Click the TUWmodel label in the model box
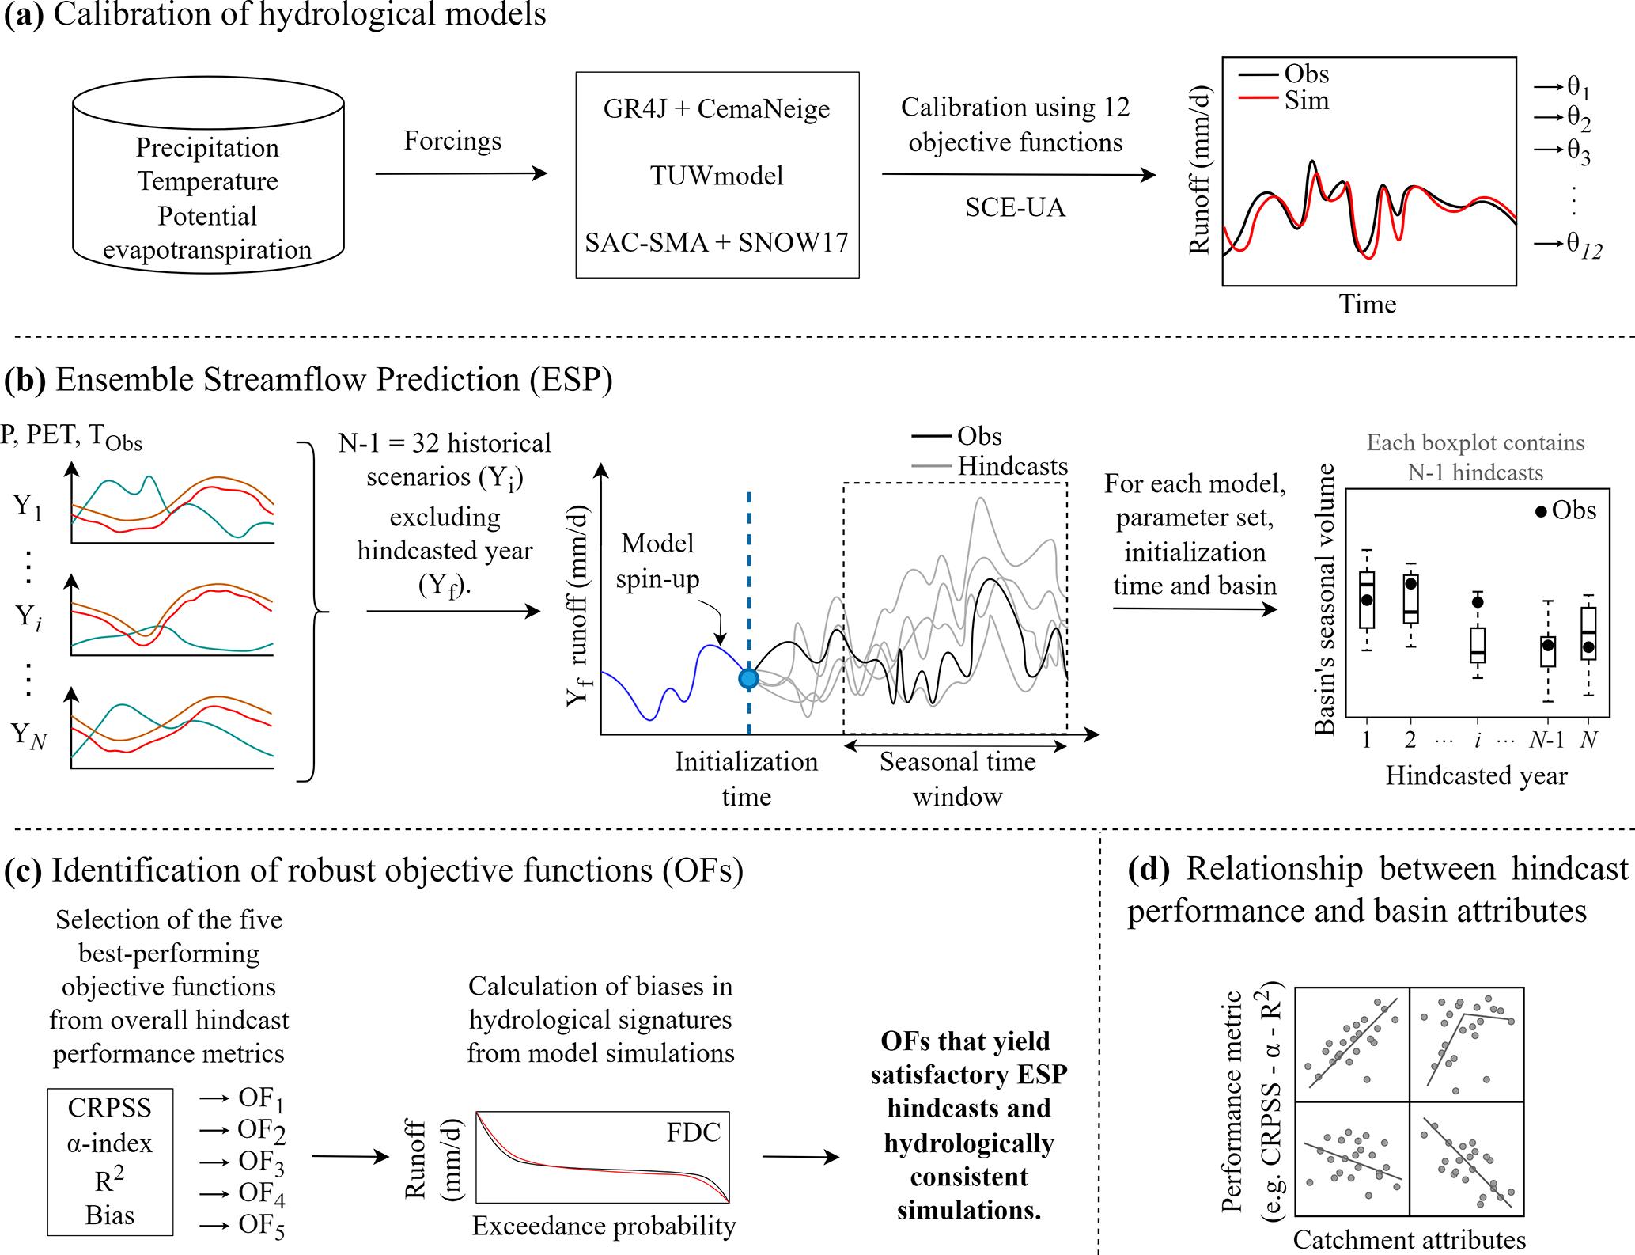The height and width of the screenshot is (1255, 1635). click(717, 175)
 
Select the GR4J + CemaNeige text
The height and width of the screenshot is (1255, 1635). click(717, 108)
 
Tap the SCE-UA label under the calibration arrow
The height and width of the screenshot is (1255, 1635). click(1015, 207)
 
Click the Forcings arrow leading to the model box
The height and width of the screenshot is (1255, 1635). click(461, 173)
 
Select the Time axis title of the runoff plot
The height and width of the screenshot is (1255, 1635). click(1367, 304)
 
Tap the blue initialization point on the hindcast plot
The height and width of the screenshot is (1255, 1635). click(748, 678)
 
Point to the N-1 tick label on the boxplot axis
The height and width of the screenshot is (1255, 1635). click(1546, 739)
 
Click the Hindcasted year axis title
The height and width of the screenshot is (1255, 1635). click(1476, 775)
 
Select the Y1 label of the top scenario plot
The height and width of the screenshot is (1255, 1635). click(27, 506)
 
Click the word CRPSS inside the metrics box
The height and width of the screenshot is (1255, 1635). click(109, 1108)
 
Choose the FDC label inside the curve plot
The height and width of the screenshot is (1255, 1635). click(693, 1132)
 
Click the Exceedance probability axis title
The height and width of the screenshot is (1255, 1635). click(604, 1226)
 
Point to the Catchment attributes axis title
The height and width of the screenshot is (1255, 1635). click(1409, 1239)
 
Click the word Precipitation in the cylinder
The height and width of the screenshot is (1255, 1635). click(207, 147)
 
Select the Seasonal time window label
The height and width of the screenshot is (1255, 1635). click(957, 779)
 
